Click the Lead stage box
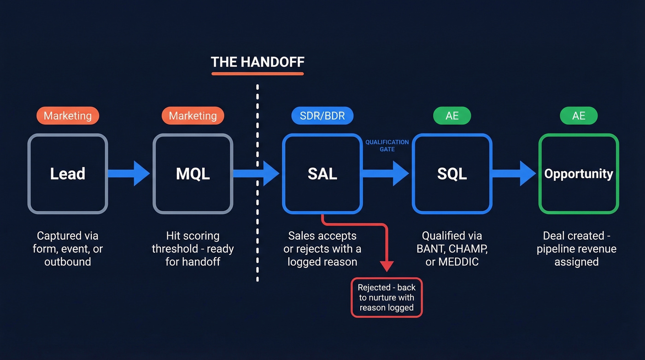point(68,174)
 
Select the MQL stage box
point(193,174)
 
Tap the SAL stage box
point(322,174)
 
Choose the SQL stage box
point(452,174)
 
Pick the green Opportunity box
point(579,174)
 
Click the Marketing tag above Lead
point(68,116)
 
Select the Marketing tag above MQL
point(193,116)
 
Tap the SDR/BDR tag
point(322,116)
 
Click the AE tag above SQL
point(452,116)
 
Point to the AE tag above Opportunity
point(579,116)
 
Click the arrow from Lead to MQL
point(129,173)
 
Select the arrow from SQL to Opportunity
point(514,173)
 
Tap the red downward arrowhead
point(387,266)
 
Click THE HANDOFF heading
point(258,62)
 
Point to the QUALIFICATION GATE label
point(387,146)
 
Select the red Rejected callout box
point(387,297)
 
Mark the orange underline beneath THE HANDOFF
point(258,73)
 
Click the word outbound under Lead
point(68,262)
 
